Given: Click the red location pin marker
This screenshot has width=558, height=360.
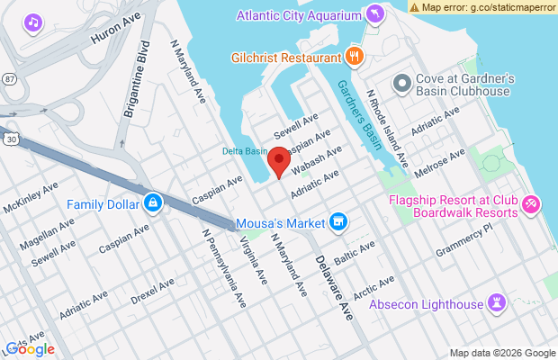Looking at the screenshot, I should click(280, 163).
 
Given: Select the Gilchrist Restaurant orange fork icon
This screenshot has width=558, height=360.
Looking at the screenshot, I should click(355, 57).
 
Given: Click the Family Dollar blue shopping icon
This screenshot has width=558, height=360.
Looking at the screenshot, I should click(153, 203).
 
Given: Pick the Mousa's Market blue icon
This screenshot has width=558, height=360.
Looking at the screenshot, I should click(338, 221).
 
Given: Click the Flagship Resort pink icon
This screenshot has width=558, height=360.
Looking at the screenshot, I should click(532, 205).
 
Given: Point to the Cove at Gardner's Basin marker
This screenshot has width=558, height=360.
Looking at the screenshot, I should click(402, 79).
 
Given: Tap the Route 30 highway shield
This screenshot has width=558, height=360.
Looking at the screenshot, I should click(8, 139).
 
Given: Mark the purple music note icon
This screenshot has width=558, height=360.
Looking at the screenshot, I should click(33, 21).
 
